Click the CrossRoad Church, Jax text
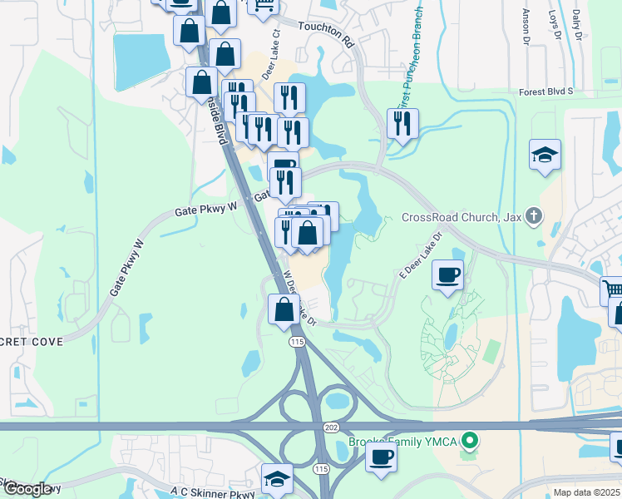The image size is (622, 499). tap(461, 218)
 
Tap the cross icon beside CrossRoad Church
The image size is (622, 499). tap(533, 218)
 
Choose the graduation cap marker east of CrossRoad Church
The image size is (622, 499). tap(545, 155)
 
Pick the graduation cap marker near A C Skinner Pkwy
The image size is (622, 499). tap(277, 478)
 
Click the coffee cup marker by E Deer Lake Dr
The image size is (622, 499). tap(447, 274)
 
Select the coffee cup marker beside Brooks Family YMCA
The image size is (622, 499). tap(381, 457)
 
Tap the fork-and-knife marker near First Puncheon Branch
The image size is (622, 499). tap(402, 124)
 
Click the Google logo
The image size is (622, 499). tap(27, 489)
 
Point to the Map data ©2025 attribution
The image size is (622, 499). tap(586, 492)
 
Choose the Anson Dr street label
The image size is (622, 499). tap(526, 25)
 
